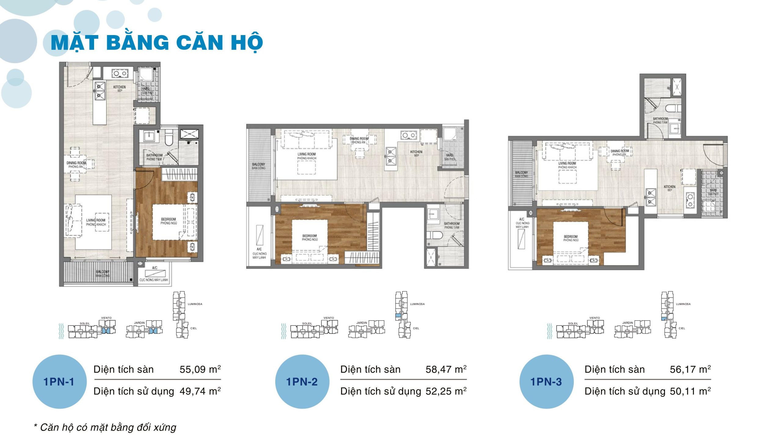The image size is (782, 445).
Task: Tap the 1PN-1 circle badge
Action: point(59,382)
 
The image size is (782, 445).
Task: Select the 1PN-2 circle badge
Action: point(302,382)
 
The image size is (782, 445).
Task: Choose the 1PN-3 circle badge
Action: point(546,382)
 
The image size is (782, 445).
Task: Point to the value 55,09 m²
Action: point(200,369)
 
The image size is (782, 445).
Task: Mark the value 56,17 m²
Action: point(690,369)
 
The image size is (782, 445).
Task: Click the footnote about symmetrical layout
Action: point(105,427)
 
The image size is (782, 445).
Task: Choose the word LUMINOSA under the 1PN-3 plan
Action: point(683,304)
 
